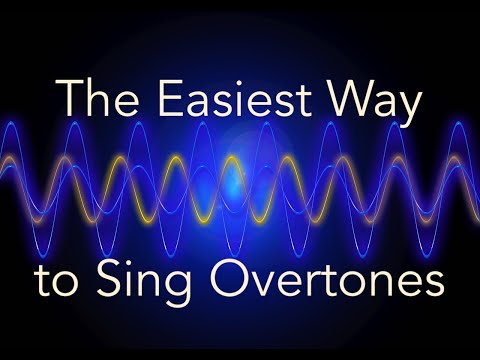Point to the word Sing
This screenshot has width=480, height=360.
point(161,281)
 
